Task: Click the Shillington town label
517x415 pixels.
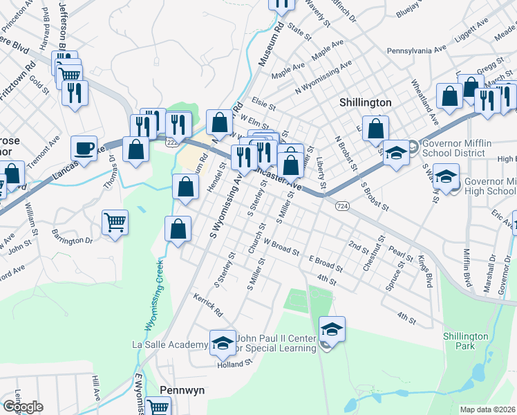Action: tap(365, 102)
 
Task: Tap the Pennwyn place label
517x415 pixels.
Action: tap(182, 390)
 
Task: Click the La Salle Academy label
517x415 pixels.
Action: tap(169, 344)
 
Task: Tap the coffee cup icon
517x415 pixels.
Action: tap(84, 148)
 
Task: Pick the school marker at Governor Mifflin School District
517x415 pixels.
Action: tap(396, 152)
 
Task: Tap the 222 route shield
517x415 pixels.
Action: tap(171, 141)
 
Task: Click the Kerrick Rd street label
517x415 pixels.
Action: tap(208, 307)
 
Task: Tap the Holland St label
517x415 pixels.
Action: tap(231, 365)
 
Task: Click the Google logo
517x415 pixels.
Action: tap(23, 407)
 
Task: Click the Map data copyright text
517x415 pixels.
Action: tap(487, 409)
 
